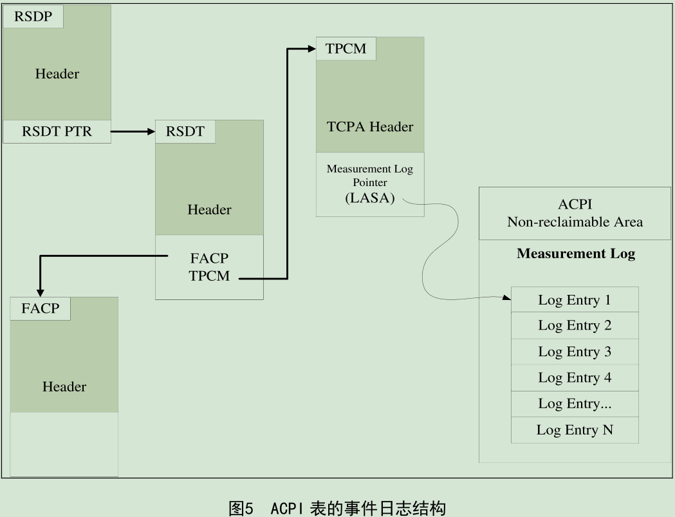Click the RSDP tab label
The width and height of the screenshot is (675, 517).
(x=32, y=17)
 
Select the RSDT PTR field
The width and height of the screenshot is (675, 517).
(x=57, y=132)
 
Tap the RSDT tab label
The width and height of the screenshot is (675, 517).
(x=185, y=132)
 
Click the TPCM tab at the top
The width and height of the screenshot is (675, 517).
(x=346, y=49)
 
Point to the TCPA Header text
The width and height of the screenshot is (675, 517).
(x=369, y=127)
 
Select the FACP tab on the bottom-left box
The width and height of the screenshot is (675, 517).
(x=40, y=308)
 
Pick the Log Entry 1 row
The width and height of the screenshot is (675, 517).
(x=575, y=300)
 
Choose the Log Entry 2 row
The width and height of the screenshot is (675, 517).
(x=575, y=326)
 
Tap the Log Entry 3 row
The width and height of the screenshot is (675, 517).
(x=575, y=352)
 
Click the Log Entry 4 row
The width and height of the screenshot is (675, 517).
(x=575, y=378)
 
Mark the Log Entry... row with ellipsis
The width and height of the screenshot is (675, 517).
(x=575, y=404)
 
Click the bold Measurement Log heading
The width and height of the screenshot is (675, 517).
(x=576, y=254)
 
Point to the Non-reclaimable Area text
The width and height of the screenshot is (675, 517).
(x=575, y=223)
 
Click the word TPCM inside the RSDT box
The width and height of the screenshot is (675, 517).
(x=209, y=277)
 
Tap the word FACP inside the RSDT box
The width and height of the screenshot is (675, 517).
(x=209, y=258)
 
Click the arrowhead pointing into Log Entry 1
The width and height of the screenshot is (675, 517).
(x=506, y=297)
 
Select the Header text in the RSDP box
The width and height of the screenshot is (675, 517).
(x=57, y=74)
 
